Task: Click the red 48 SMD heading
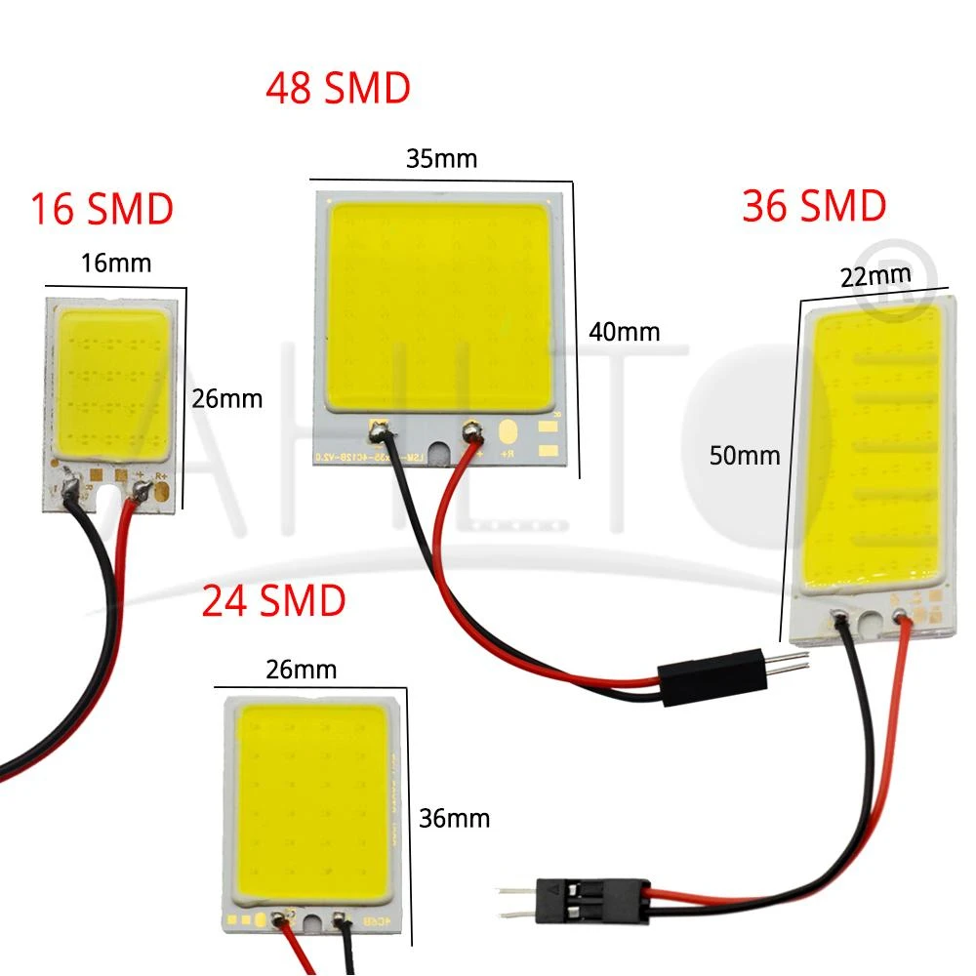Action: tap(338, 89)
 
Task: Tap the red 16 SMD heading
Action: tap(102, 209)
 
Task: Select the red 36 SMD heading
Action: tap(814, 206)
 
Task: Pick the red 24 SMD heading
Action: tap(274, 601)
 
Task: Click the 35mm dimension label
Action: tap(442, 158)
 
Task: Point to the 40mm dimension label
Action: tap(625, 332)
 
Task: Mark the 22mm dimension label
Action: tap(876, 278)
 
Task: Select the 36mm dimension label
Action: tap(453, 817)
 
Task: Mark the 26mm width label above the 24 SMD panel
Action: tap(301, 670)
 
